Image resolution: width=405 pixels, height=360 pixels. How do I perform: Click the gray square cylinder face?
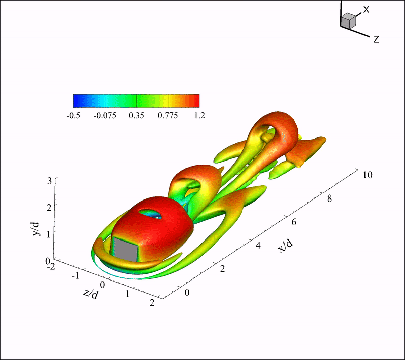(126, 249)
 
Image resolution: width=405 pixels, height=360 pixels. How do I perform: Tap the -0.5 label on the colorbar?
(73, 115)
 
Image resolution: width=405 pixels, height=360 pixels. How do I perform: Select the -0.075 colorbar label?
(105, 115)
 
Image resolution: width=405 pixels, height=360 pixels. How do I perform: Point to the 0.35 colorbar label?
(136, 115)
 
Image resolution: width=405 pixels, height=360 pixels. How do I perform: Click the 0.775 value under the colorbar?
(168, 115)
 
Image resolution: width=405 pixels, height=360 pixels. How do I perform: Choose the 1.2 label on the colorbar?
(199, 115)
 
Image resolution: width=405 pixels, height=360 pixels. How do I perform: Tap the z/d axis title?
(91, 294)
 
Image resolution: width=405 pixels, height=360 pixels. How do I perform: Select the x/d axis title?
(286, 246)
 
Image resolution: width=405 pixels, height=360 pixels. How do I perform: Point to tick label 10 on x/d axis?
(368, 175)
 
